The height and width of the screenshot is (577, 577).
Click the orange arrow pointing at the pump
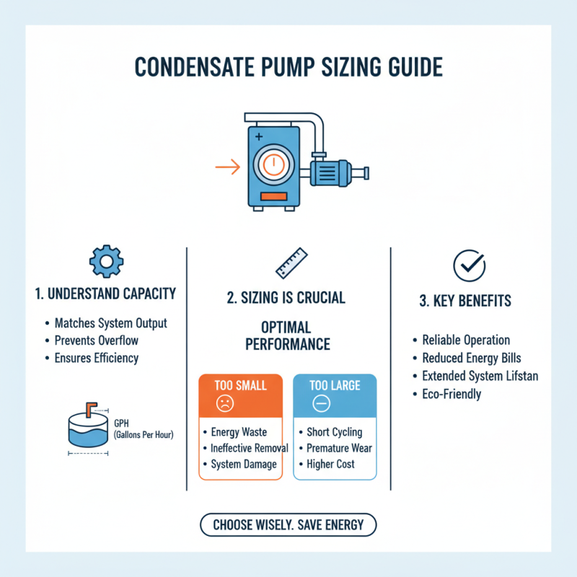(x=228, y=167)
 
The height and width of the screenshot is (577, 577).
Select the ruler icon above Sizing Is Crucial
(x=293, y=263)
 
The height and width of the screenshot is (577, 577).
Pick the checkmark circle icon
(x=464, y=265)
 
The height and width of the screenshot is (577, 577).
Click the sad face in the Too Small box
(x=226, y=405)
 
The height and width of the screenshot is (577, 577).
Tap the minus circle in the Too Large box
(x=321, y=405)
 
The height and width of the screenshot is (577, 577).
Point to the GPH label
(x=122, y=423)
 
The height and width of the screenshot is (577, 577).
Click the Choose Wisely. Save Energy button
(x=288, y=525)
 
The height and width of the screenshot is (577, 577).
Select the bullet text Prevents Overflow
(x=96, y=340)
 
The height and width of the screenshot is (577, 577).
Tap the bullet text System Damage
(x=244, y=464)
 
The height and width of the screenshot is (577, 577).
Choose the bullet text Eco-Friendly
(x=452, y=394)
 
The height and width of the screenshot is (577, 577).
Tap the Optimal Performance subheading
(x=287, y=335)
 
